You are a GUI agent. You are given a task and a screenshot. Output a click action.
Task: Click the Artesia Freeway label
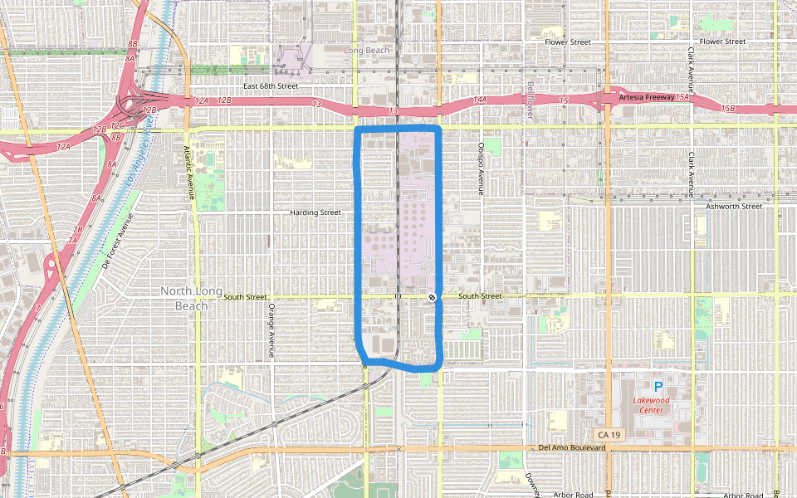pyautogui.click(x=646, y=98)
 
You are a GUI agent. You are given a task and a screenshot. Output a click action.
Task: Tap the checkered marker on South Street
pyautogui.click(x=432, y=297)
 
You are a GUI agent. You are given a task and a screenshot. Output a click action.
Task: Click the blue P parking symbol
pyautogui.click(x=658, y=387)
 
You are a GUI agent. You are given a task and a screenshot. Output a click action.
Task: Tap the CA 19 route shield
pyautogui.click(x=608, y=435)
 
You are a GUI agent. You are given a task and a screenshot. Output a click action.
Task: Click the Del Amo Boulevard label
pyautogui.click(x=572, y=448)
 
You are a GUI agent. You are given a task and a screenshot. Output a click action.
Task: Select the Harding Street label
pyautogui.click(x=315, y=212)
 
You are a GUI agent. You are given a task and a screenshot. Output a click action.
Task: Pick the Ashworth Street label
pyautogui.click(x=733, y=206)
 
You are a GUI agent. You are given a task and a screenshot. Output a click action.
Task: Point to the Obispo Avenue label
pyautogui.click(x=481, y=168)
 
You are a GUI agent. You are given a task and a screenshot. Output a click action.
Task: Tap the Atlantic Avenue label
pyautogui.click(x=188, y=173)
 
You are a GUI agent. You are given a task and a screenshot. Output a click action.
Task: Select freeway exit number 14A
pyautogui.click(x=480, y=100)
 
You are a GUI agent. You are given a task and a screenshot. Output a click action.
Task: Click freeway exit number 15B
pyautogui.click(x=728, y=109)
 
